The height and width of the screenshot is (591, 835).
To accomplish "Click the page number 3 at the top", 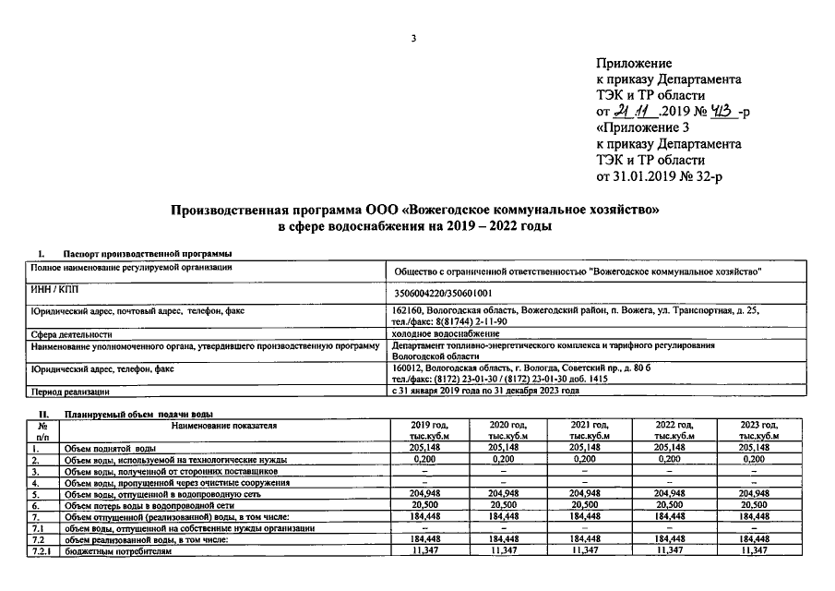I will pyautogui.click(x=414, y=38).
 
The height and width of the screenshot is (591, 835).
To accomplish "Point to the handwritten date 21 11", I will pyautogui.click(x=635, y=112).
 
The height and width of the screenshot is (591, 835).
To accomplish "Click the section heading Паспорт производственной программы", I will pyautogui.click(x=147, y=254).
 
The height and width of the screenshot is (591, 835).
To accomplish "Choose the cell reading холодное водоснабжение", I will pyautogui.click(x=440, y=333).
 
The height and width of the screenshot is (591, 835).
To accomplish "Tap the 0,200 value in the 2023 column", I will pyautogui.click(x=753, y=459).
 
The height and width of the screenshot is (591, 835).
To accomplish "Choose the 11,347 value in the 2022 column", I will pyautogui.click(x=673, y=550).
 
